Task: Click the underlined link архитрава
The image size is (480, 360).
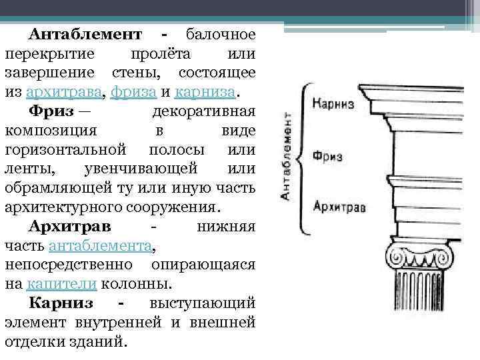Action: (71, 91)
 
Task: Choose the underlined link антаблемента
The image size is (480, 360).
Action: (100, 245)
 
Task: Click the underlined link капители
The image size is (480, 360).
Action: (63, 284)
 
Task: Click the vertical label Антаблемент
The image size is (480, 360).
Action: (285, 157)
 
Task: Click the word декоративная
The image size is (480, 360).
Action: (203, 110)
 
